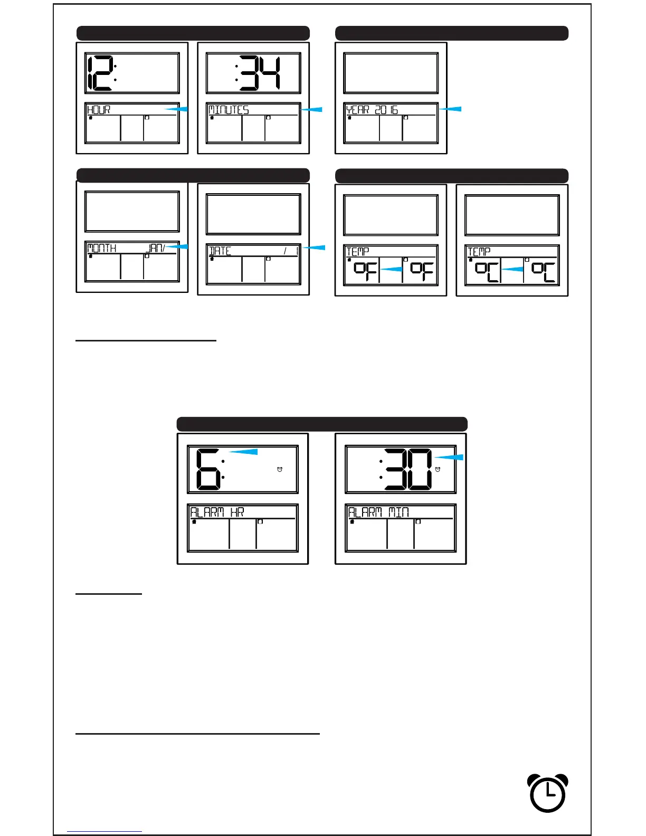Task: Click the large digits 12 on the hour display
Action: click(99, 73)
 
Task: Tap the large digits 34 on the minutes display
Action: click(261, 73)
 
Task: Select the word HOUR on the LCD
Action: click(99, 110)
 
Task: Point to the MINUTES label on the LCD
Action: click(229, 110)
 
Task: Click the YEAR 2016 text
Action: click(372, 110)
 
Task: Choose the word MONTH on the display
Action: click(101, 248)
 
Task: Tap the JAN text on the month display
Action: click(156, 248)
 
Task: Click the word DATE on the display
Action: click(220, 251)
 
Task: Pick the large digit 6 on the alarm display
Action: click(208, 469)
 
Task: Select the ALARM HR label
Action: click(217, 512)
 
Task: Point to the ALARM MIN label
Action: click(378, 512)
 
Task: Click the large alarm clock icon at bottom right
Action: click(548, 793)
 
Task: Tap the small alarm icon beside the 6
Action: click(280, 469)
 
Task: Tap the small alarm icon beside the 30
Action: click(438, 469)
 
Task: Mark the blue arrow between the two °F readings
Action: click(391, 269)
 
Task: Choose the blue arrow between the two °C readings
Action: click(512, 269)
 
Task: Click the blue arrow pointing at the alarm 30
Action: click(449, 457)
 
